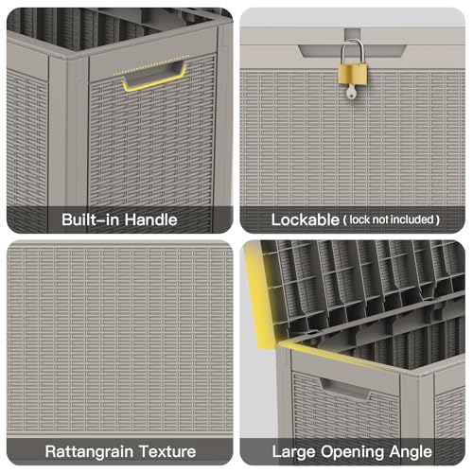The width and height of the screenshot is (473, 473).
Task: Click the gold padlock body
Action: (353, 74)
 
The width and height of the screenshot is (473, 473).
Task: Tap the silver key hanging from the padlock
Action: (351, 91)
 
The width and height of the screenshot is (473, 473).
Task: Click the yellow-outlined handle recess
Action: (154, 77)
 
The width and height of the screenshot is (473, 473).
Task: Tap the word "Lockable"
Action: (306, 219)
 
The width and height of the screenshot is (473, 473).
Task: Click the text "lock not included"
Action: (392, 219)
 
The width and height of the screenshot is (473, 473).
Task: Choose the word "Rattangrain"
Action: (89, 451)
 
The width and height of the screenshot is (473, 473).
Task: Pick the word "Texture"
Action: (167, 451)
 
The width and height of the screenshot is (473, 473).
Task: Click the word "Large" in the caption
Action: (294, 452)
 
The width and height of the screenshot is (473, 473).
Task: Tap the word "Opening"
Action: (353, 452)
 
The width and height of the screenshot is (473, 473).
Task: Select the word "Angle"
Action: (411, 452)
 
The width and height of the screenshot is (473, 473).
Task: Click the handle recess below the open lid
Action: (345, 389)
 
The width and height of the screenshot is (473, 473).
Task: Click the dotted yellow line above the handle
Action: (151, 65)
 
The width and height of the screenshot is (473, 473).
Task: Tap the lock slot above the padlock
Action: (353, 34)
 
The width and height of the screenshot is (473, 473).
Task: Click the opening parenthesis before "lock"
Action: (345, 219)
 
